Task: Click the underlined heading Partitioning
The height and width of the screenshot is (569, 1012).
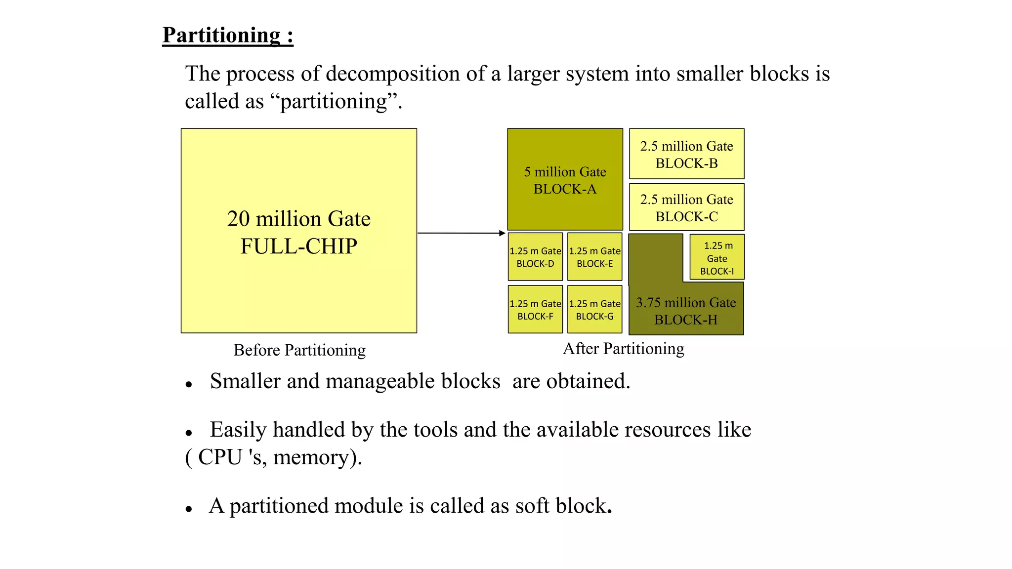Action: click(227, 36)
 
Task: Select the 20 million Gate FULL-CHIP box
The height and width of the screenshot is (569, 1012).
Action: click(298, 231)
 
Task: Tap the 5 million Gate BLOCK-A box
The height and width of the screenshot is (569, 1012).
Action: click(565, 180)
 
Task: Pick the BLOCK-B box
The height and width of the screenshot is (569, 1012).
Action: click(686, 154)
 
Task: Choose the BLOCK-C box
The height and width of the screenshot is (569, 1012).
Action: click(686, 207)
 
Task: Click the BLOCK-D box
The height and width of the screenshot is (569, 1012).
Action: click(535, 257)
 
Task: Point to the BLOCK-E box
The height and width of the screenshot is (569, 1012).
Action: click(594, 257)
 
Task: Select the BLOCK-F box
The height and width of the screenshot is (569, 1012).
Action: click(535, 310)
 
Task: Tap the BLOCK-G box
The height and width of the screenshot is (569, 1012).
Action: click(594, 310)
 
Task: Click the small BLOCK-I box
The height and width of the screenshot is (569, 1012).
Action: click(717, 257)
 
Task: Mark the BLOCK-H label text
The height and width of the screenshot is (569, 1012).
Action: click(686, 320)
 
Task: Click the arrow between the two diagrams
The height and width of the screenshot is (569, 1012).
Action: click(461, 233)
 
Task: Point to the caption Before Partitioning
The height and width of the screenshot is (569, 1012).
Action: click(299, 350)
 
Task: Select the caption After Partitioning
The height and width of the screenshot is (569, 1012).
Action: click(624, 349)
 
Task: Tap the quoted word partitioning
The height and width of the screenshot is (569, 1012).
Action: click(334, 102)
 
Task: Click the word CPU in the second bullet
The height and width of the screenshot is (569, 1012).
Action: click(221, 457)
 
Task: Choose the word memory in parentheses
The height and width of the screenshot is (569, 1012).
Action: click(310, 457)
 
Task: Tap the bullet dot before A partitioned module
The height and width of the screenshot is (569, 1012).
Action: click(189, 509)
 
